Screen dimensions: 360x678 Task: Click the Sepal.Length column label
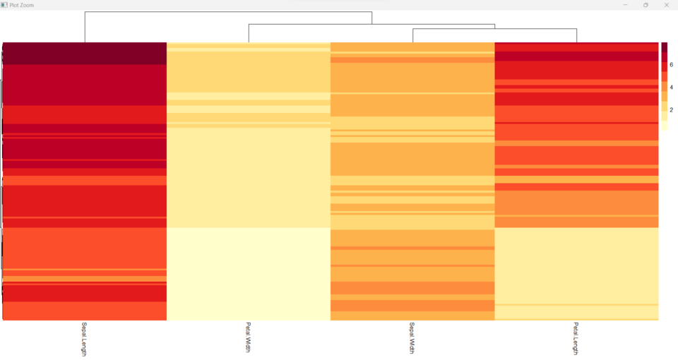point(84,339)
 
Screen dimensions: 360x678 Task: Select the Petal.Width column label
point(248,337)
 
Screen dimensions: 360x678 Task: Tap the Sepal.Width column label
point(412,337)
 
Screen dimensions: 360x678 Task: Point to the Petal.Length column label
point(576,338)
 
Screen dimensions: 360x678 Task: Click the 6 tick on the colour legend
point(671,65)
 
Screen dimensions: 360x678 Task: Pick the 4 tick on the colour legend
point(671,88)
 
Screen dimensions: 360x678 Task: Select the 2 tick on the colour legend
point(671,110)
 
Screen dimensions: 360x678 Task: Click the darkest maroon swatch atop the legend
point(664,47)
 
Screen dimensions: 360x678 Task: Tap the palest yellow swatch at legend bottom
point(664,126)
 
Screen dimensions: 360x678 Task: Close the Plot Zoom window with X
point(666,5)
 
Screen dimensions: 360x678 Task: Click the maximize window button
point(645,5)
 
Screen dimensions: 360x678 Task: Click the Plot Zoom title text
point(21,5)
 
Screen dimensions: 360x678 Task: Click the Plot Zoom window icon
point(4,5)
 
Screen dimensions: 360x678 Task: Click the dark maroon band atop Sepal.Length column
point(84,53)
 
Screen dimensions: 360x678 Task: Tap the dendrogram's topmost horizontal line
point(228,12)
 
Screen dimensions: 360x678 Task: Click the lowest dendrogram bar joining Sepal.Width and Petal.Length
point(494,30)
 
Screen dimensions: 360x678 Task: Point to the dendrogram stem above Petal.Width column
point(249,33)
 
